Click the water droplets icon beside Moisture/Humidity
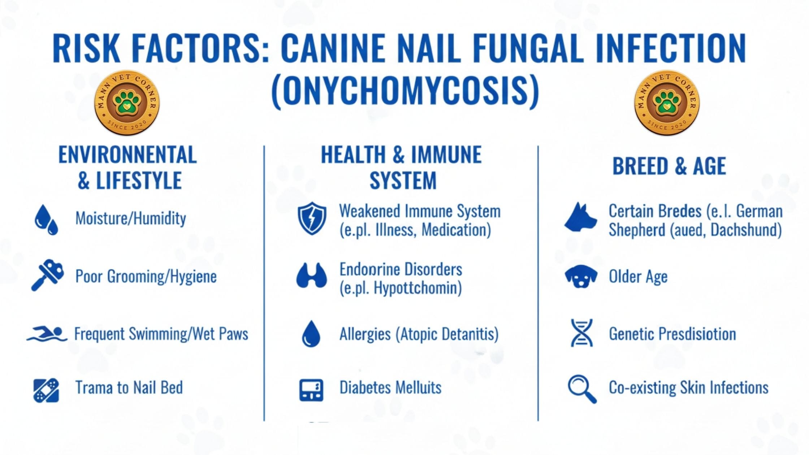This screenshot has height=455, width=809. (46, 220)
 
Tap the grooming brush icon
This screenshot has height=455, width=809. (47, 275)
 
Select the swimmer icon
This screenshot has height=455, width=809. (47, 334)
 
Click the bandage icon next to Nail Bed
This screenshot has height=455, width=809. (46, 390)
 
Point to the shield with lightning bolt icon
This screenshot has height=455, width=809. (312, 218)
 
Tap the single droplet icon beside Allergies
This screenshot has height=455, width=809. (311, 334)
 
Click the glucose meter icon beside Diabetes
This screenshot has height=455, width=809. (311, 390)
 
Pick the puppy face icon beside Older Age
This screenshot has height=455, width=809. (581, 277)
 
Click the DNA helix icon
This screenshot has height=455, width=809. (581, 333)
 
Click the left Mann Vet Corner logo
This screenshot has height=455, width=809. (127, 103)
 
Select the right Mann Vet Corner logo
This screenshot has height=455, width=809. (667, 103)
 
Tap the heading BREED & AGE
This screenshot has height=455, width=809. (669, 166)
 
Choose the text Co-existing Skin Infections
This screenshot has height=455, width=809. (689, 388)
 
